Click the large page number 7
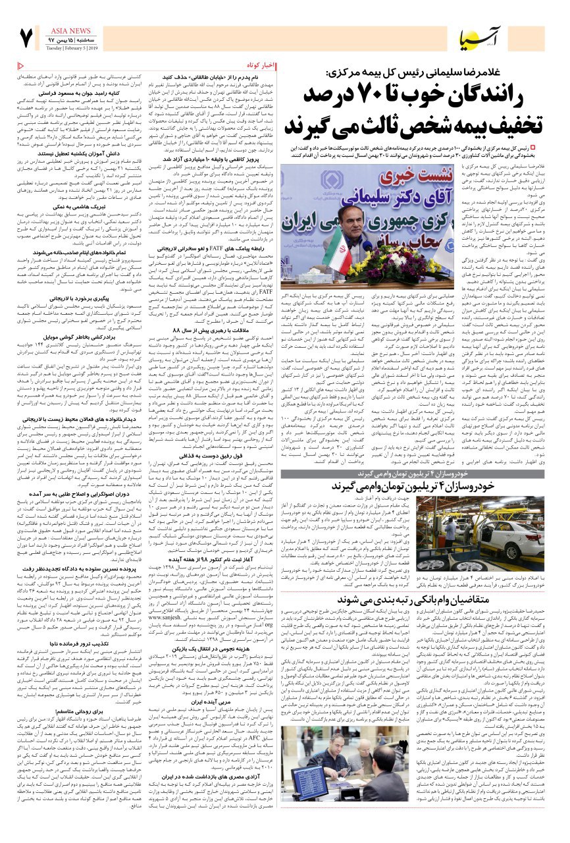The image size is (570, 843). (x=26, y=38)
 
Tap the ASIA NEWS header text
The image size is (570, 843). (x=70, y=31)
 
